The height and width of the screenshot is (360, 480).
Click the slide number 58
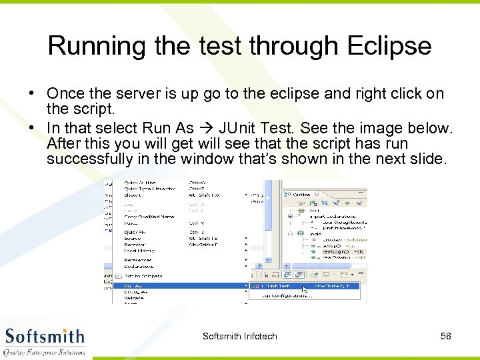(x=445, y=336)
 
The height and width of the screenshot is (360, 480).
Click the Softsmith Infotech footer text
(x=239, y=336)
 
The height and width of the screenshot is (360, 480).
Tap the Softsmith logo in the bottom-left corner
(x=44, y=340)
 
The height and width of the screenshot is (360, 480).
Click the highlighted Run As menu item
(x=133, y=285)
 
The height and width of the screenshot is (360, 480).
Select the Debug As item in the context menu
(x=136, y=292)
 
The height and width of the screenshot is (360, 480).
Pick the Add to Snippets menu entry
(x=143, y=275)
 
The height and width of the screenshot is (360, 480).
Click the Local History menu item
(x=139, y=251)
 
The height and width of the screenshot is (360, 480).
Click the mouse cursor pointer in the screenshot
(x=305, y=290)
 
